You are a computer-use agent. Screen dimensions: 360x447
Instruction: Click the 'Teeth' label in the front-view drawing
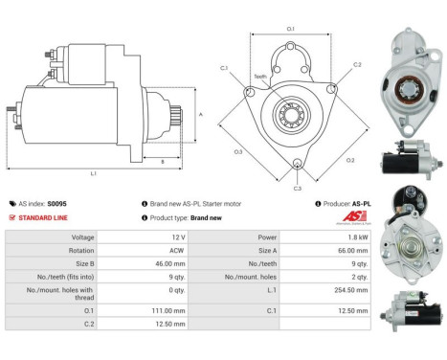pyautogui.click(x=260, y=77)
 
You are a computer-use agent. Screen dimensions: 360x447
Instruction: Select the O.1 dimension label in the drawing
pyautogui.click(x=291, y=30)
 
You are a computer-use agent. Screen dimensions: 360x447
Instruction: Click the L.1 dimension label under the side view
pyautogui.click(x=93, y=172)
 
